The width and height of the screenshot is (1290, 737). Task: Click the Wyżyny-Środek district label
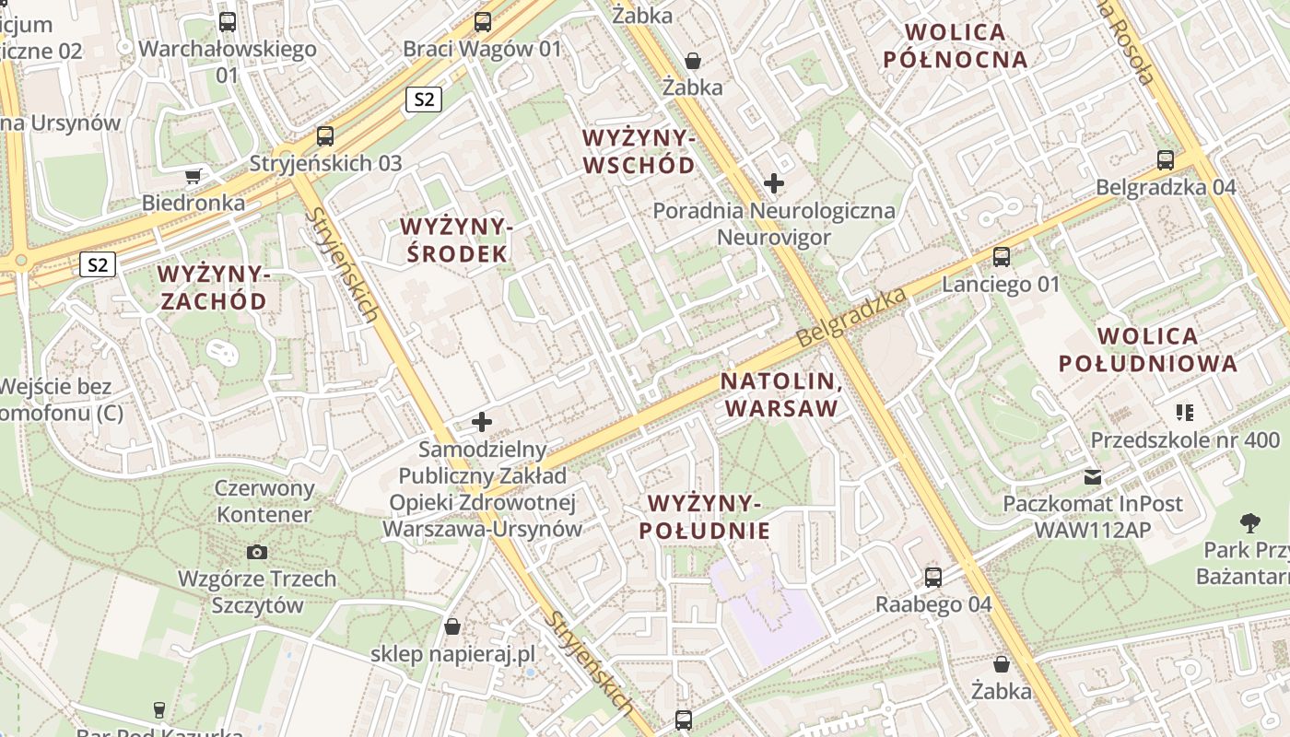coord(455,240)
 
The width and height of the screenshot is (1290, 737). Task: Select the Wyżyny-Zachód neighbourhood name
coord(212,287)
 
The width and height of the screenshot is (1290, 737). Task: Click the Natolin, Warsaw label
coord(780,394)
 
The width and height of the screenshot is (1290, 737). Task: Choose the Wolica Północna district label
coord(955,46)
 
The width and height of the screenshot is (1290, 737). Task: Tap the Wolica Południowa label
coord(1148,349)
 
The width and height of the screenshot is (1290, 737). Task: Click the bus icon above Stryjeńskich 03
coord(325,136)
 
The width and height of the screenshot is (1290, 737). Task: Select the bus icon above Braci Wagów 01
coord(483,22)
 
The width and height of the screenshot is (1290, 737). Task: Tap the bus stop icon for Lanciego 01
coord(1002,257)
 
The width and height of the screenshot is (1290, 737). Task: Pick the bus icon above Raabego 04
coord(933,578)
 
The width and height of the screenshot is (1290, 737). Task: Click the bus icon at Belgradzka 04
coord(1166,160)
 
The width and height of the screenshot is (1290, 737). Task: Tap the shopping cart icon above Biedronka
coord(193,176)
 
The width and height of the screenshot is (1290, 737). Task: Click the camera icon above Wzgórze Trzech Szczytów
coord(257,552)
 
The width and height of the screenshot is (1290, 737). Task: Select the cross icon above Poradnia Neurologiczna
coord(774,183)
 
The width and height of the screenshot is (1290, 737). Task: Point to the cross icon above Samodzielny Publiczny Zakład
coord(482,423)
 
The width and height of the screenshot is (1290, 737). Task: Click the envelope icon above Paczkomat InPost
coord(1093,477)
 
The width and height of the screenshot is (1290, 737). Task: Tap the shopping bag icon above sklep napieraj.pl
coord(452,627)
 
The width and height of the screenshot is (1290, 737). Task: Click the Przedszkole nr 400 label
coord(1185,439)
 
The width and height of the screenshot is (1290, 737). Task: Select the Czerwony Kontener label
coord(264,501)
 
